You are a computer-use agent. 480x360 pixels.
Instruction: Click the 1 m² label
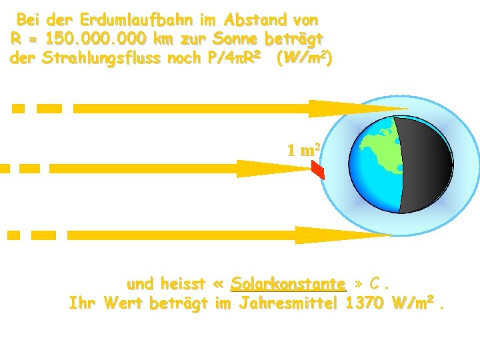point(304,149)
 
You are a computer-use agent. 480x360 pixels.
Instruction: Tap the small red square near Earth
point(318,172)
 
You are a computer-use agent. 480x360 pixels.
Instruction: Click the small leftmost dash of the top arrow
point(19,108)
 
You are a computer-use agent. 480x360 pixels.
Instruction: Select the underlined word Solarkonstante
point(288,285)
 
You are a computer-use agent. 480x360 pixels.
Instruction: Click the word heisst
point(183,285)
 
